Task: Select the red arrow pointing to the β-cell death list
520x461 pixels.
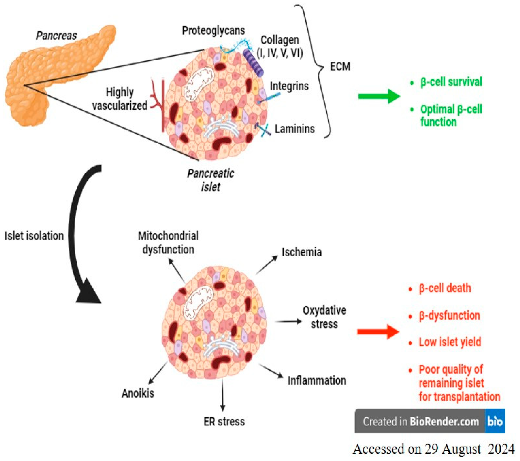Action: (x=378, y=332)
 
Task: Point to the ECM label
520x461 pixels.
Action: (x=340, y=67)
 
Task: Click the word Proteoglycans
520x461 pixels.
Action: (x=213, y=31)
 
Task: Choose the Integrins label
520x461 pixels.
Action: (x=289, y=86)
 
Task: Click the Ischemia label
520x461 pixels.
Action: (x=301, y=252)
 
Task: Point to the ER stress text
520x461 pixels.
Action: (x=224, y=422)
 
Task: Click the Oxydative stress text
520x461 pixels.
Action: (x=324, y=317)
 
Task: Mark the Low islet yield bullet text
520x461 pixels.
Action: (x=450, y=342)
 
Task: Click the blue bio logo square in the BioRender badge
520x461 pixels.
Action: (x=495, y=421)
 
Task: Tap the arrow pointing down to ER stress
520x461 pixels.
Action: (x=223, y=395)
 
